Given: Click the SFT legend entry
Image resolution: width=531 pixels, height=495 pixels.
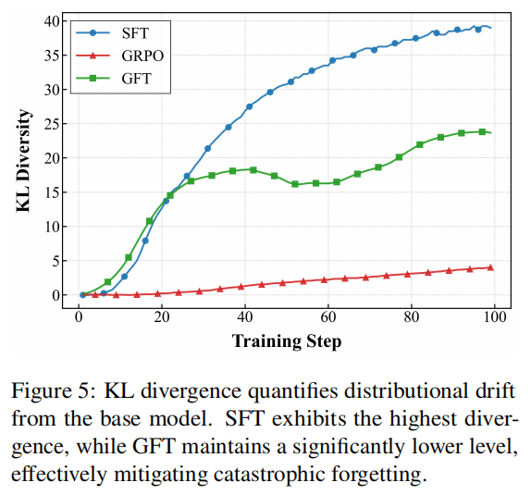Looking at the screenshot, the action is click(x=113, y=33).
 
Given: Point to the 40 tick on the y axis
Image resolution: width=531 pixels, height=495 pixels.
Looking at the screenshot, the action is click(x=52, y=21).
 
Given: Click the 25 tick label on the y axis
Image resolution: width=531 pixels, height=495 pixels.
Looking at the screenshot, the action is click(x=52, y=124).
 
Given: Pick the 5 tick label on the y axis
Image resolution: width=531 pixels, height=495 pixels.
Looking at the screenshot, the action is click(x=56, y=261).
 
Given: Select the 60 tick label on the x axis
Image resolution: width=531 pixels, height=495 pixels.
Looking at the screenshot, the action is click(x=328, y=317).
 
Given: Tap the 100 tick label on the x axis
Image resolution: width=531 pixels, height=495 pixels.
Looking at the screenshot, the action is click(x=495, y=317).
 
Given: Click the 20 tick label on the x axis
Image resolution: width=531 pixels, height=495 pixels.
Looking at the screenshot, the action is click(x=162, y=317).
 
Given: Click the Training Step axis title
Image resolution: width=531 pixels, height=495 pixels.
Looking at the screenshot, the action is click(x=287, y=341).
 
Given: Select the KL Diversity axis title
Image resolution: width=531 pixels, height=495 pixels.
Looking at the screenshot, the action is click(x=24, y=161).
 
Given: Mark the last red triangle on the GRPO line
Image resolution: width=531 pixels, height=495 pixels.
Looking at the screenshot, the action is click(x=490, y=267).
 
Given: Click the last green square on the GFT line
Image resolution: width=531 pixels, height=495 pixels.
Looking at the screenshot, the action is click(x=482, y=131).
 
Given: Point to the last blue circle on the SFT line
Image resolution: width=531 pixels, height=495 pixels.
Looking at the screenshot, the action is click(x=478, y=30).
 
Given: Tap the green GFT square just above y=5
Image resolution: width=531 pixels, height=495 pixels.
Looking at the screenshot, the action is click(x=129, y=257).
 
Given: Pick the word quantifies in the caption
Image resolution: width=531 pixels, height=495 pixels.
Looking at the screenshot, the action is click(x=293, y=391).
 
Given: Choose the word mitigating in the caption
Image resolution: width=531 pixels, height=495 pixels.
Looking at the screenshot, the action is click(x=161, y=475).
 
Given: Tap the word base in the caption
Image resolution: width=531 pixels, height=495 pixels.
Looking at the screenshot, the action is click(x=120, y=419).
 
